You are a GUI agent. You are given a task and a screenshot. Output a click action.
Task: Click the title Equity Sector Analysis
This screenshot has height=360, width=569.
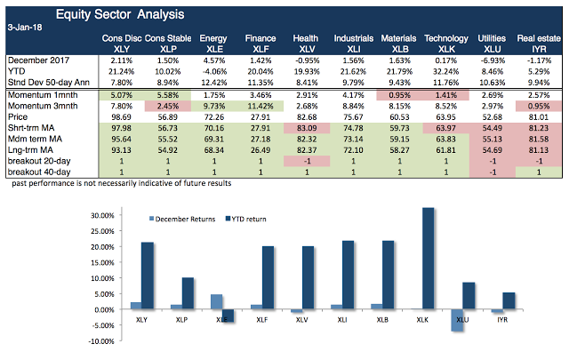pyautogui.click(x=133, y=14)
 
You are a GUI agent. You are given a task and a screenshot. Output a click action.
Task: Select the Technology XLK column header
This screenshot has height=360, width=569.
pyautogui.click(x=445, y=44)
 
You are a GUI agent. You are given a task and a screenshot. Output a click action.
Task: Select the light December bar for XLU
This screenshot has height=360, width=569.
pyautogui.click(x=456, y=320)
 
